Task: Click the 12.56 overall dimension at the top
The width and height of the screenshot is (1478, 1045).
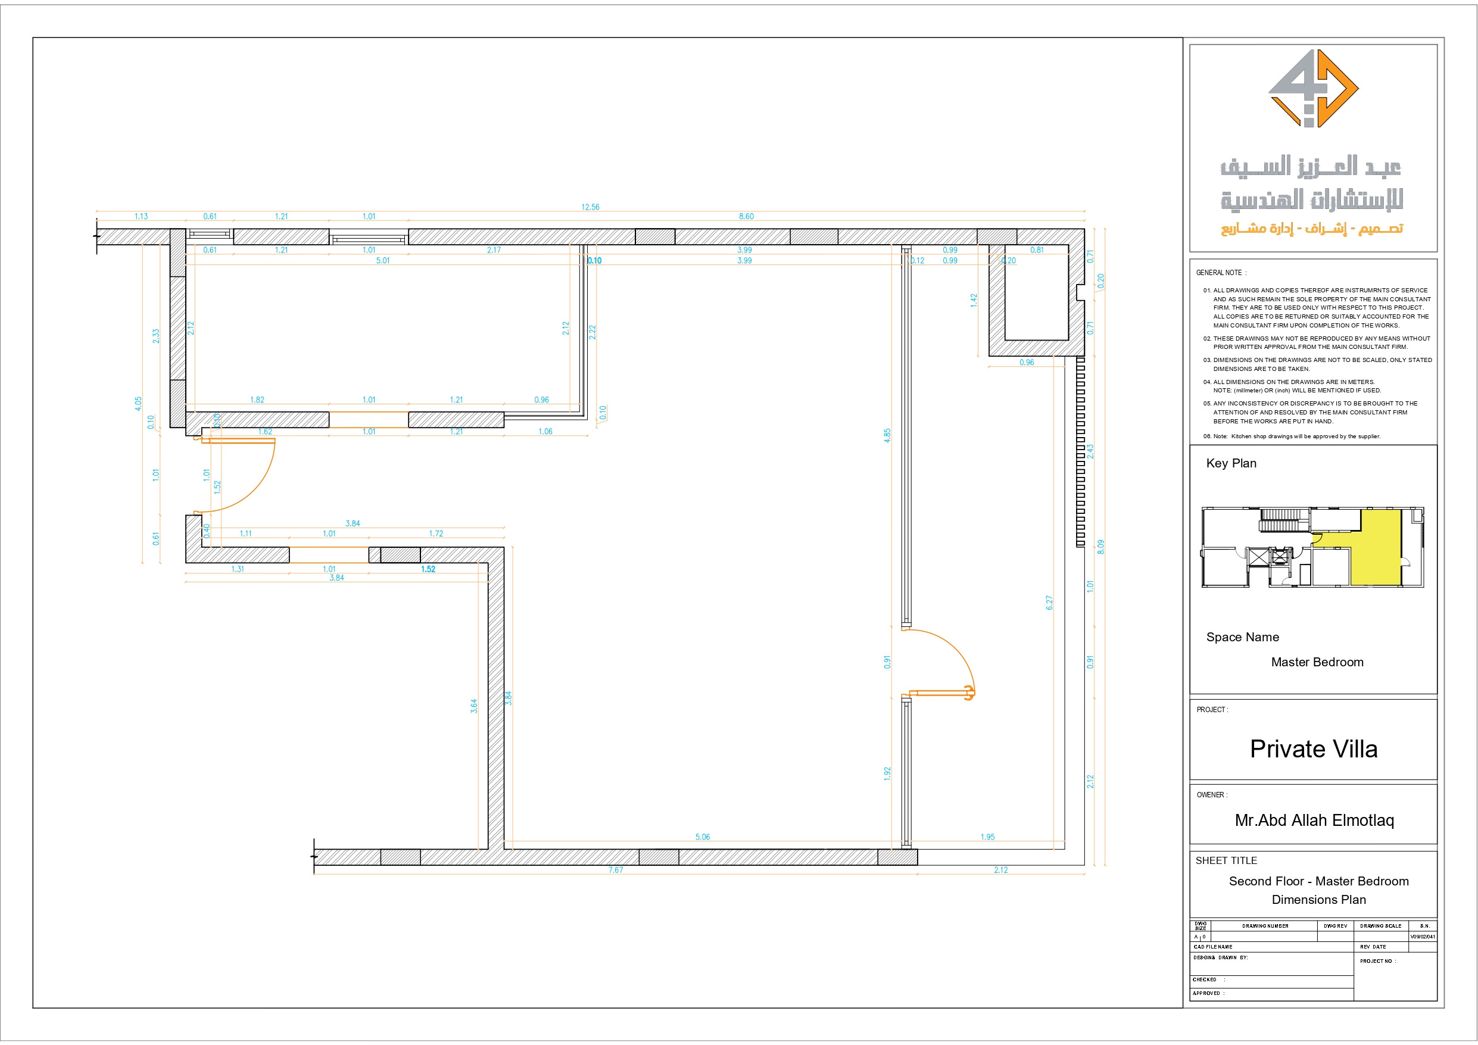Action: click(590, 207)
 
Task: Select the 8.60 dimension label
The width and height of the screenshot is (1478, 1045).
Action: click(746, 216)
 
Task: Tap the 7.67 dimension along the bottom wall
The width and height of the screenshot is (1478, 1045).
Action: click(615, 870)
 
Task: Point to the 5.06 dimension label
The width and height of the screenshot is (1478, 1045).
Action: click(702, 837)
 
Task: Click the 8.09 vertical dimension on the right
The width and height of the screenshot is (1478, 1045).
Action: click(1101, 547)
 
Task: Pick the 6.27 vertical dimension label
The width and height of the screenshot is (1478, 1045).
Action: click(1049, 603)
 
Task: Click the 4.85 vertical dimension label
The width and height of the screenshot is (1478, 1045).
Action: click(887, 435)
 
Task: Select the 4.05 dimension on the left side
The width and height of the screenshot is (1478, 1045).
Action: click(138, 404)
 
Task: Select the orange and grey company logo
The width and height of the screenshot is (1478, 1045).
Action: click(1313, 88)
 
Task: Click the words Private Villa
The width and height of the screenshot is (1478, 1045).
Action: click(1313, 749)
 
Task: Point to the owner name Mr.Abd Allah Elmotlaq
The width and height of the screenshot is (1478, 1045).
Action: click(1314, 821)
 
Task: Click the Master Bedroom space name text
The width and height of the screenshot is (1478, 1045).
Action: click(1317, 662)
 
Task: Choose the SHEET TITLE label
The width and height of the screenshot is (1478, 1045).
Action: click(1226, 860)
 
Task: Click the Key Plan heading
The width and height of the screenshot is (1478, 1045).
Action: click(1231, 463)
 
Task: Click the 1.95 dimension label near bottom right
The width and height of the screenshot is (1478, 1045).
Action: click(987, 837)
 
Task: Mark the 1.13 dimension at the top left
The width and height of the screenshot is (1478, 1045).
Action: click(141, 216)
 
